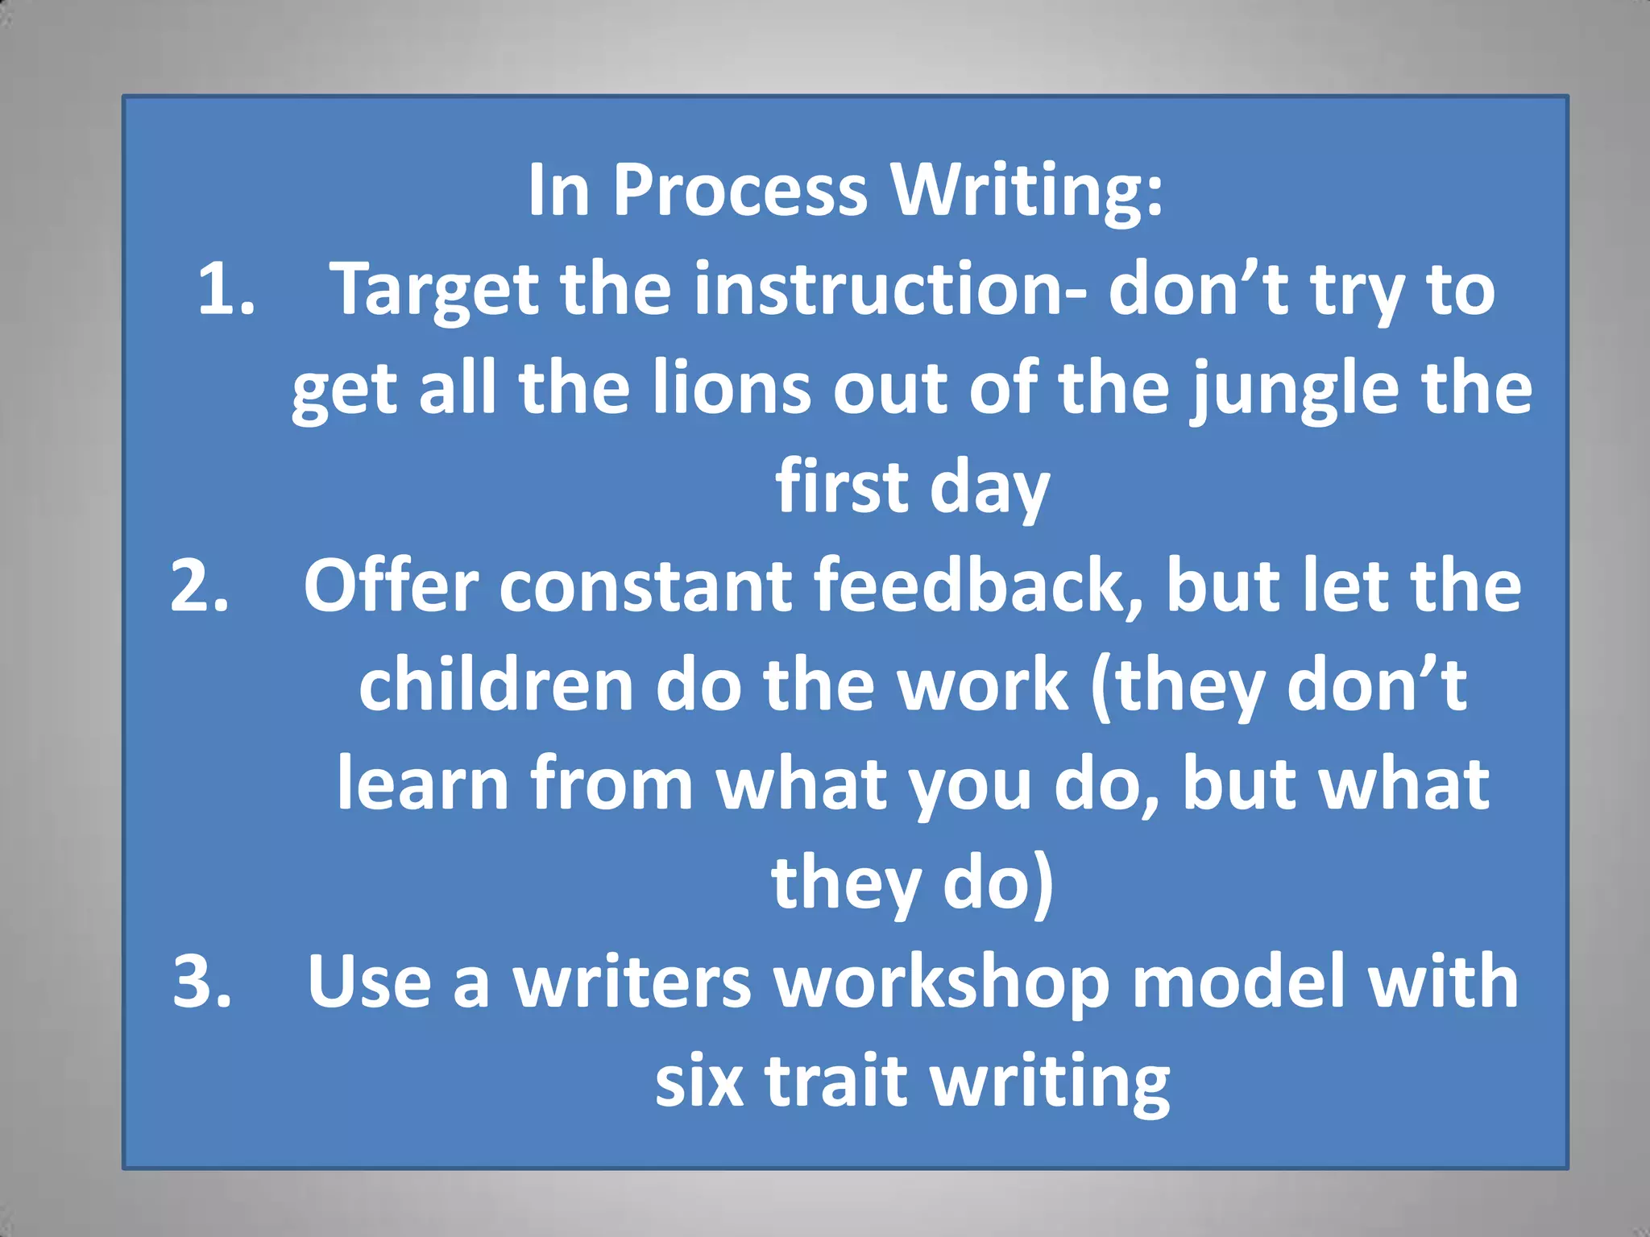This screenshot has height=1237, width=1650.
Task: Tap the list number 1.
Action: click(226, 289)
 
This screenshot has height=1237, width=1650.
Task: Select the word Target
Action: click(435, 292)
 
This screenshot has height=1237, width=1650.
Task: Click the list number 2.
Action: click(200, 585)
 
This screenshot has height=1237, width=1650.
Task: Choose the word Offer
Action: click(391, 585)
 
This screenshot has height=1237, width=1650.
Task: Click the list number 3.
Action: click(202, 982)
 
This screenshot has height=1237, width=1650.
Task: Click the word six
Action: click(699, 1081)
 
